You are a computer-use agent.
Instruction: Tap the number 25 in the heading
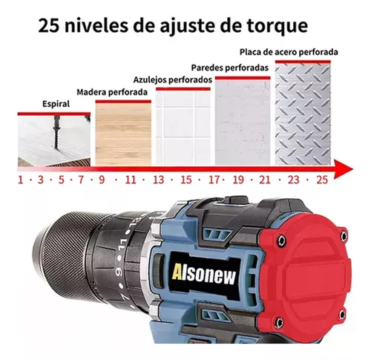(49, 26)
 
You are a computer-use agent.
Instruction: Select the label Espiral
(56, 104)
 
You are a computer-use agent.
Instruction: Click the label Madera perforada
(112, 92)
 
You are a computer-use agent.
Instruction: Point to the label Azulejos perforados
(173, 80)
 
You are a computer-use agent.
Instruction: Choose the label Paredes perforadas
(230, 68)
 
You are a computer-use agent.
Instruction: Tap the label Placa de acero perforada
(289, 52)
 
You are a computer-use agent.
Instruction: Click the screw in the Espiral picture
(56, 133)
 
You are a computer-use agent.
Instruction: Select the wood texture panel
(123, 134)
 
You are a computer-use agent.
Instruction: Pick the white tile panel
(183, 128)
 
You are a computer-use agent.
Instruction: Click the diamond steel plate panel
(303, 114)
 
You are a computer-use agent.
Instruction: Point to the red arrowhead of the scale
(344, 169)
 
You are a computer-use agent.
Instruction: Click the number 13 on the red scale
(158, 180)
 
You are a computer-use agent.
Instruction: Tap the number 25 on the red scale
(322, 180)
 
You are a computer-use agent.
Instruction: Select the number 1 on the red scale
(20, 180)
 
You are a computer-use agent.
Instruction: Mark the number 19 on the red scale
(238, 180)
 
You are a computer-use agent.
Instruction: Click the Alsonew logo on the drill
(204, 274)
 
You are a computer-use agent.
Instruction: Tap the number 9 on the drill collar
(119, 273)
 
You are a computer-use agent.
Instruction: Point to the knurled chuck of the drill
(67, 255)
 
